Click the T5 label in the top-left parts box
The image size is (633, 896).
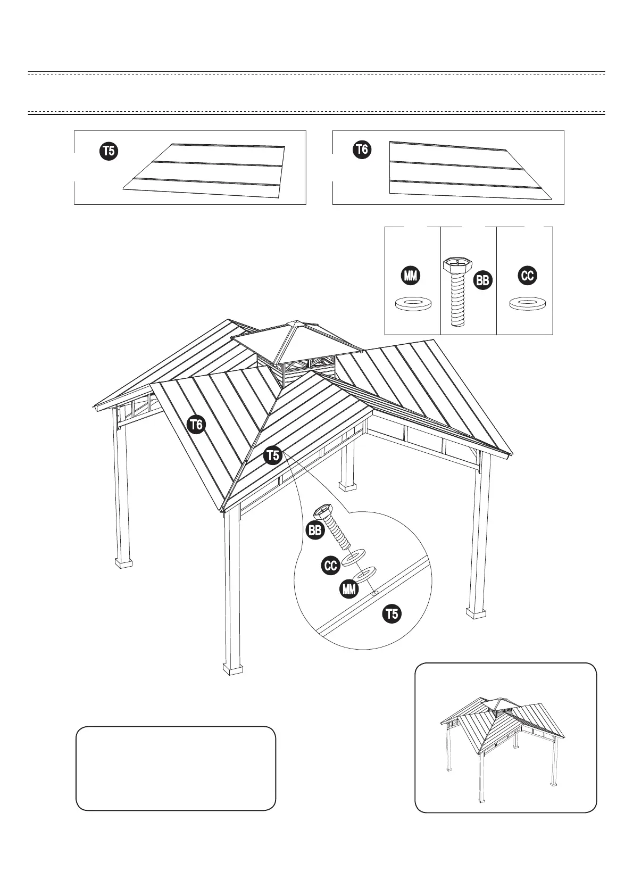point(109,151)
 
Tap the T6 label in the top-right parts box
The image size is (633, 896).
point(362,150)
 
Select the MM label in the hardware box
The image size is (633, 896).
point(411,276)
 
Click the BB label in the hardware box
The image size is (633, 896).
point(482,280)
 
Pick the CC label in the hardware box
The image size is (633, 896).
point(528,276)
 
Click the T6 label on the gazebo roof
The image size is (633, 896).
point(197,425)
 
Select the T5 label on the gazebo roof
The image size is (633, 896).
point(272,455)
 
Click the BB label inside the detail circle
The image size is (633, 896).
point(315,530)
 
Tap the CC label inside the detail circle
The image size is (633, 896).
point(331,566)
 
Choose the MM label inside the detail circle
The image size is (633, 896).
point(348,589)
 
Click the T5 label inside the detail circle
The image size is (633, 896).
point(392,614)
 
